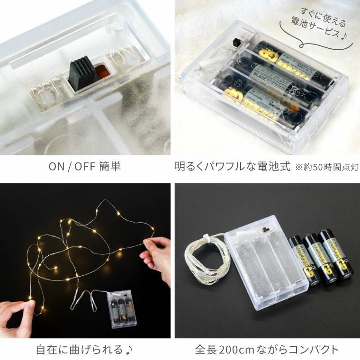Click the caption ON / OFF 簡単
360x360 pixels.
pyautogui.click(x=85, y=168)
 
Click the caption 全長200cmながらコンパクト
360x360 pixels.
pyautogui.click(x=267, y=350)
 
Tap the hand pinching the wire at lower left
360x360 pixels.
pyautogui.click(x=19, y=315)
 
